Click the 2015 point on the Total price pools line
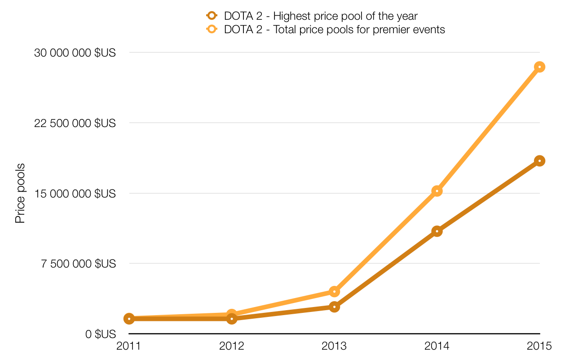click(x=539, y=67)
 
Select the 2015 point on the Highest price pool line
click(x=539, y=161)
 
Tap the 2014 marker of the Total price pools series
click(x=437, y=191)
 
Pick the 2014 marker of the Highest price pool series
click(x=437, y=231)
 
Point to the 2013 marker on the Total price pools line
click(x=334, y=292)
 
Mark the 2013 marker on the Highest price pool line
click(x=334, y=307)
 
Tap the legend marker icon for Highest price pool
click(x=211, y=16)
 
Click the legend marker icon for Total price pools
click(x=211, y=30)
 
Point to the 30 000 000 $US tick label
click(x=75, y=53)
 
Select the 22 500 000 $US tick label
click(x=75, y=123)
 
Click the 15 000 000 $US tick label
click(x=75, y=193)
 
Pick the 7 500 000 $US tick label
click(x=79, y=263)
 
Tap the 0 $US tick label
click(x=100, y=334)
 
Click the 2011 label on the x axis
click(x=129, y=346)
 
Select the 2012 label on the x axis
click(x=232, y=346)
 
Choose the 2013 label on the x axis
click(x=334, y=346)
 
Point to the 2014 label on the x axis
click(x=437, y=346)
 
